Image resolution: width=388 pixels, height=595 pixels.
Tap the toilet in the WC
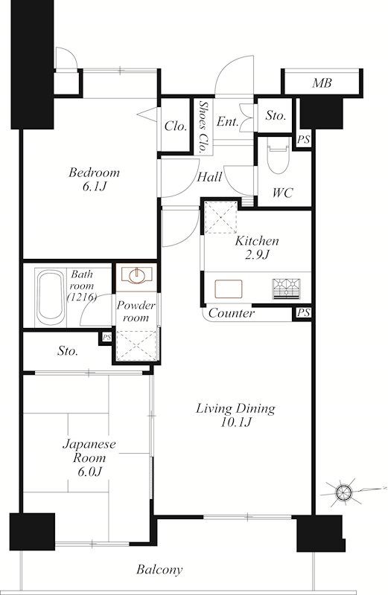(278, 155)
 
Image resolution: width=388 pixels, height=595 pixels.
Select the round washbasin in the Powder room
(136, 275)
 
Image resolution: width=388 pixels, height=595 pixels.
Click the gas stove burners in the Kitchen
(286, 289)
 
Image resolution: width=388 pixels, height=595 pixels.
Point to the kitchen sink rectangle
(228, 289)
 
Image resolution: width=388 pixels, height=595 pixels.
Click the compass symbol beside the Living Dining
(344, 492)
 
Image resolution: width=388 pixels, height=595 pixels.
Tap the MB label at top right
(322, 83)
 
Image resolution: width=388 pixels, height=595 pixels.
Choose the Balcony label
(159, 570)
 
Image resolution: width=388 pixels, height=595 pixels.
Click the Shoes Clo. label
(204, 126)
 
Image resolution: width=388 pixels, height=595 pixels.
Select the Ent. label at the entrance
(228, 121)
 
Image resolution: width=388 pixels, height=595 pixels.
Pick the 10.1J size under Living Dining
(235, 422)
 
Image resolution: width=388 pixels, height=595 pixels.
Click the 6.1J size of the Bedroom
(94, 187)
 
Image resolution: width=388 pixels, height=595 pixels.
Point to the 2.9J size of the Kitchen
(257, 254)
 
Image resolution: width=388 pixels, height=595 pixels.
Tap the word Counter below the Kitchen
(232, 313)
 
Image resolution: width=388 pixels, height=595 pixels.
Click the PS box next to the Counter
(303, 313)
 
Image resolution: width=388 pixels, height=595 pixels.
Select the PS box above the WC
(303, 140)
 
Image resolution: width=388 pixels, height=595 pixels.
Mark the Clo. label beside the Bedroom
(176, 126)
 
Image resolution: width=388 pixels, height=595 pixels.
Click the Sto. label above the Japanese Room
(68, 351)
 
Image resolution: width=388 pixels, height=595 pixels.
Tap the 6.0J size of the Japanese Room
(89, 472)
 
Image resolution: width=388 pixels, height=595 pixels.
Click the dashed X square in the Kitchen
(220, 217)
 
